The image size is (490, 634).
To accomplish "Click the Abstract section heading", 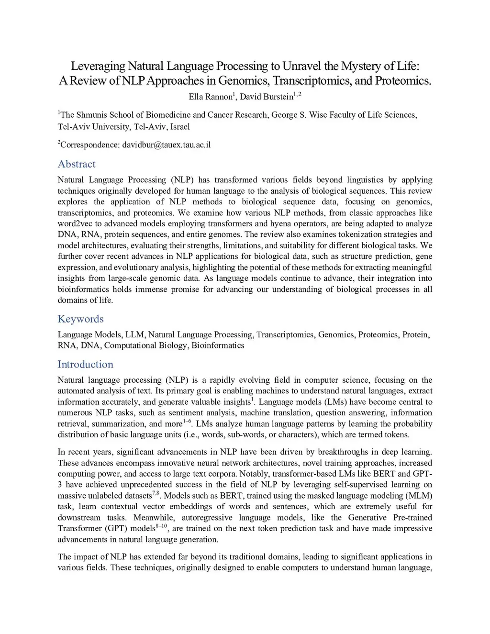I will click(x=77, y=164).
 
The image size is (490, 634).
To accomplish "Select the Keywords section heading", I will click(x=80, y=319).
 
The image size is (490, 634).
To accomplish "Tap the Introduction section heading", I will click(x=85, y=365).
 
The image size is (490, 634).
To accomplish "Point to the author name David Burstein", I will click(x=266, y=98).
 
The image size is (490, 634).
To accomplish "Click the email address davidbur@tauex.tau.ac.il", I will click(x=167, y=145).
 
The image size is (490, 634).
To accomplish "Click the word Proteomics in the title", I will click(x=403, y=80).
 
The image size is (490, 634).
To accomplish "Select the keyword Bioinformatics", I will click(x=218, y=346).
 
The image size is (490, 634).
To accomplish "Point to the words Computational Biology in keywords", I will click(x=145, y=346).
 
